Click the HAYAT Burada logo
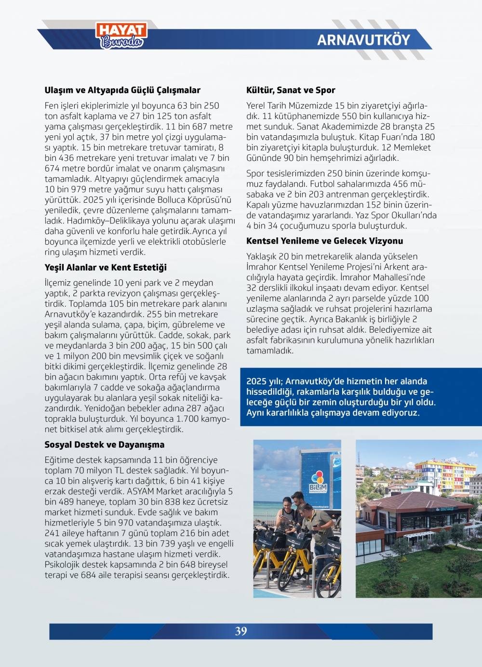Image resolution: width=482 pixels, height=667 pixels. [121, 36]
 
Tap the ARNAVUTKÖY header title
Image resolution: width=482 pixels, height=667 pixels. [363, 40]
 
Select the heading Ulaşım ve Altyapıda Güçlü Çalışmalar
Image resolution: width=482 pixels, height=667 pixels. [122, 90]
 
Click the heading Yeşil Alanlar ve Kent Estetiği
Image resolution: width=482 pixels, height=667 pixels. [106, 267]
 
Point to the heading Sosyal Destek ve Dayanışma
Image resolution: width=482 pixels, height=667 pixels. [105, 445]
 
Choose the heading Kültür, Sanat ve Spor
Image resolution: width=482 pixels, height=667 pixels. [291, 90]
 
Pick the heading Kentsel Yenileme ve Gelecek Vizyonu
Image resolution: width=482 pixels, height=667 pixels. [324, 241]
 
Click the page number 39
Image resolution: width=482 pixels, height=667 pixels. [241, 631]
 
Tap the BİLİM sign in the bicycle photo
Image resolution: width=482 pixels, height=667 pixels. [318, 488]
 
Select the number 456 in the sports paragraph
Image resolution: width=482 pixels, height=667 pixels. [393, 184]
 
